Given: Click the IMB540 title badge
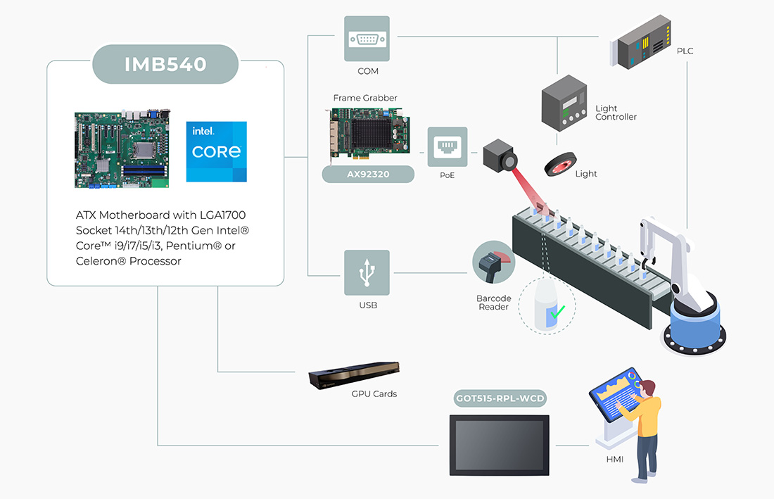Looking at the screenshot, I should pyautogui.click(x=165, y=64).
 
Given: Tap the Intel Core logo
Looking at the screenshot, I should pyautogui.click(x=217, y=151).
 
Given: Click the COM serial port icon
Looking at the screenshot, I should pyautogui.click(x=367, y=39).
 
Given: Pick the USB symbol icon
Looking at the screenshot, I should pyautogui.click(x=367, y=272).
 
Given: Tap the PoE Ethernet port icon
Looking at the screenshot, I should pyautogui.click(x=448, y=146).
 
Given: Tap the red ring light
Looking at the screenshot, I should pyautogui.click(x=561, y=165).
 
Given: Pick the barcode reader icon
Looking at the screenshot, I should pyautogui.click(x=493, y=264).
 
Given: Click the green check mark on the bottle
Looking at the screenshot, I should pyautogui.click(x=558, y=312).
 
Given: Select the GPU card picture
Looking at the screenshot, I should pyautogui.click(x=354, y=376).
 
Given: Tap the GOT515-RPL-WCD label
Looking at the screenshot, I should pyautogui.click(x=500, y=399).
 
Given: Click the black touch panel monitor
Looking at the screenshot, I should pyautogui.click(x=500, y=445).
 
